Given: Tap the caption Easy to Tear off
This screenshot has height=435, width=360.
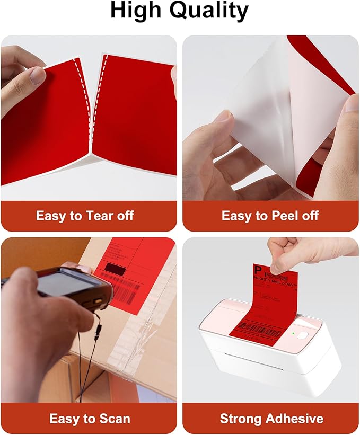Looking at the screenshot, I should point(85,216).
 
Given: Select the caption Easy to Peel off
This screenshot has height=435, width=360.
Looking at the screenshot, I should point(270,216).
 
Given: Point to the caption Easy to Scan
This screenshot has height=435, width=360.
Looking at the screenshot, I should point(90,419).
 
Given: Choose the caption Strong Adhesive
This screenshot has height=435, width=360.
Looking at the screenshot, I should point(271,419).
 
